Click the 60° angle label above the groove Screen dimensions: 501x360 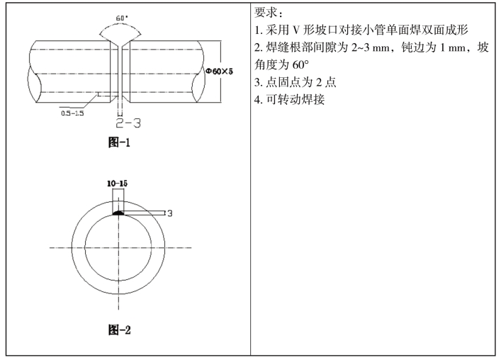122,18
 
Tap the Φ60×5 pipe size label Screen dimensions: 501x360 219,72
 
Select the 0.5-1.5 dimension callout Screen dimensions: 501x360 72,113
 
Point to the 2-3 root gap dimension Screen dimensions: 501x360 128,123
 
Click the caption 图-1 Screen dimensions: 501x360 120,142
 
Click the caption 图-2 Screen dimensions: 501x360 120,330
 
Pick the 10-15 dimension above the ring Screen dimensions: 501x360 117,184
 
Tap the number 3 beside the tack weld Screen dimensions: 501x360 169,213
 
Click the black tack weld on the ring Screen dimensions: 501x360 118,213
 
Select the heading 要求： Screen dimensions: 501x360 269,13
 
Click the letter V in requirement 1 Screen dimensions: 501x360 296,30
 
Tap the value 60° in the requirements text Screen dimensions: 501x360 300,65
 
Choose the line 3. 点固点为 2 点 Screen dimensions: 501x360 295,82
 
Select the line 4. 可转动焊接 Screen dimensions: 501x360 290,100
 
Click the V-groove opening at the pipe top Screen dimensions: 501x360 120,44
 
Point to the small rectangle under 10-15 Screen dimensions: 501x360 118,201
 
